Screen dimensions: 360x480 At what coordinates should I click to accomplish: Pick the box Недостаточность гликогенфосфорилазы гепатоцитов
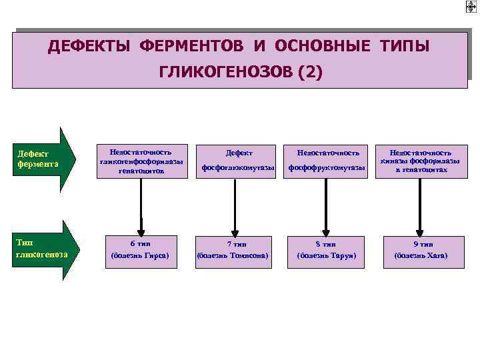(141, 162)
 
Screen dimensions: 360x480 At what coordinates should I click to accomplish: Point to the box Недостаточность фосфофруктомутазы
(327, 162)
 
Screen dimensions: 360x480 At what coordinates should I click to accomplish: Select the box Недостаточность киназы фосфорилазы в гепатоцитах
(420, 162)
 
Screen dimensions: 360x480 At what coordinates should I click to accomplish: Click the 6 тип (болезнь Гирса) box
(141, 250)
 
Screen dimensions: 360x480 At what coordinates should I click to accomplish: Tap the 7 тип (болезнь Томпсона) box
(233, 250)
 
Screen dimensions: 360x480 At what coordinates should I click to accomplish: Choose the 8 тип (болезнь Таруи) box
(327, 250)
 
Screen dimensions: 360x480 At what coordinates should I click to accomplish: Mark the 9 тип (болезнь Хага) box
(420, 250)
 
